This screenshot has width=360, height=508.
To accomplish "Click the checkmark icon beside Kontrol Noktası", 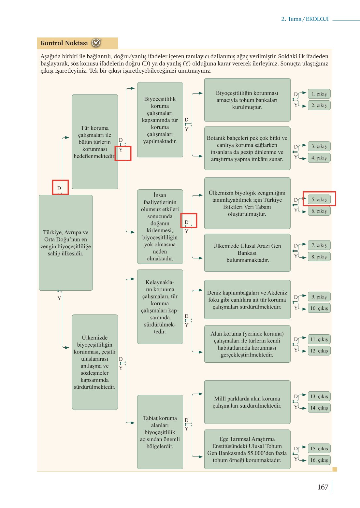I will click(96, 43).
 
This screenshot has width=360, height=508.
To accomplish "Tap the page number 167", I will click(323, 487).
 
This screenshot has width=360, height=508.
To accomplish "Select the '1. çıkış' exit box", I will click(319, 94).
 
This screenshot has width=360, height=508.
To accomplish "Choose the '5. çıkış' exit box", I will click(319, 199).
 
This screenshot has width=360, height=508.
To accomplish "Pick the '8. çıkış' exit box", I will click(319, 257).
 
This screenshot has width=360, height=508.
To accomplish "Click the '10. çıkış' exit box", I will click(319, 308).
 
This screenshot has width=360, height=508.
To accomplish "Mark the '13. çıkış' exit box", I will click(319, 396).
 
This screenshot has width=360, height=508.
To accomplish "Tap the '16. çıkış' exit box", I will click(319, 460).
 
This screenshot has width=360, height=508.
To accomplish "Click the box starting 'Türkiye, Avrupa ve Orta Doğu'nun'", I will click(65, 242).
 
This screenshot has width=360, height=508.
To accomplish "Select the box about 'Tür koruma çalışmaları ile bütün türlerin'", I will click(94, 142).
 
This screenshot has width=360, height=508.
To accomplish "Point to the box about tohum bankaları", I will click(247, 100).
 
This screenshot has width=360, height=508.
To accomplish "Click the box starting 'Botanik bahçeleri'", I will click(247, 148).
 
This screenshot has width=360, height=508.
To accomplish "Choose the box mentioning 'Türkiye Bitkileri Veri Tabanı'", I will click(247, 203).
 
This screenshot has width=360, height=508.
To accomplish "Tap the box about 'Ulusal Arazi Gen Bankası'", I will click(247, 253).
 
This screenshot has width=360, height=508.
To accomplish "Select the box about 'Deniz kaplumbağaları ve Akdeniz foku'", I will click(247, 299).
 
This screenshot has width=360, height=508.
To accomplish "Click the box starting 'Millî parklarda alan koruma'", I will click(247, 402).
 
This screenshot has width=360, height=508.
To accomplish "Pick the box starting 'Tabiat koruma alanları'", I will click(160, 432).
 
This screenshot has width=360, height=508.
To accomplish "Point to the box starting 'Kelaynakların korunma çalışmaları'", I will click(160, 307).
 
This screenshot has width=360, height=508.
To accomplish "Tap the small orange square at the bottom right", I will click(335, 469).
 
